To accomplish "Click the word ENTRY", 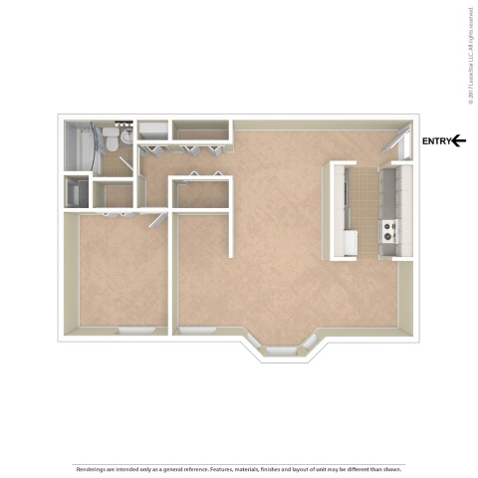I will (436, 141).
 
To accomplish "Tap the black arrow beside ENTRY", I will (459, 141).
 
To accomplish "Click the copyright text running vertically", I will (468, 54).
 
